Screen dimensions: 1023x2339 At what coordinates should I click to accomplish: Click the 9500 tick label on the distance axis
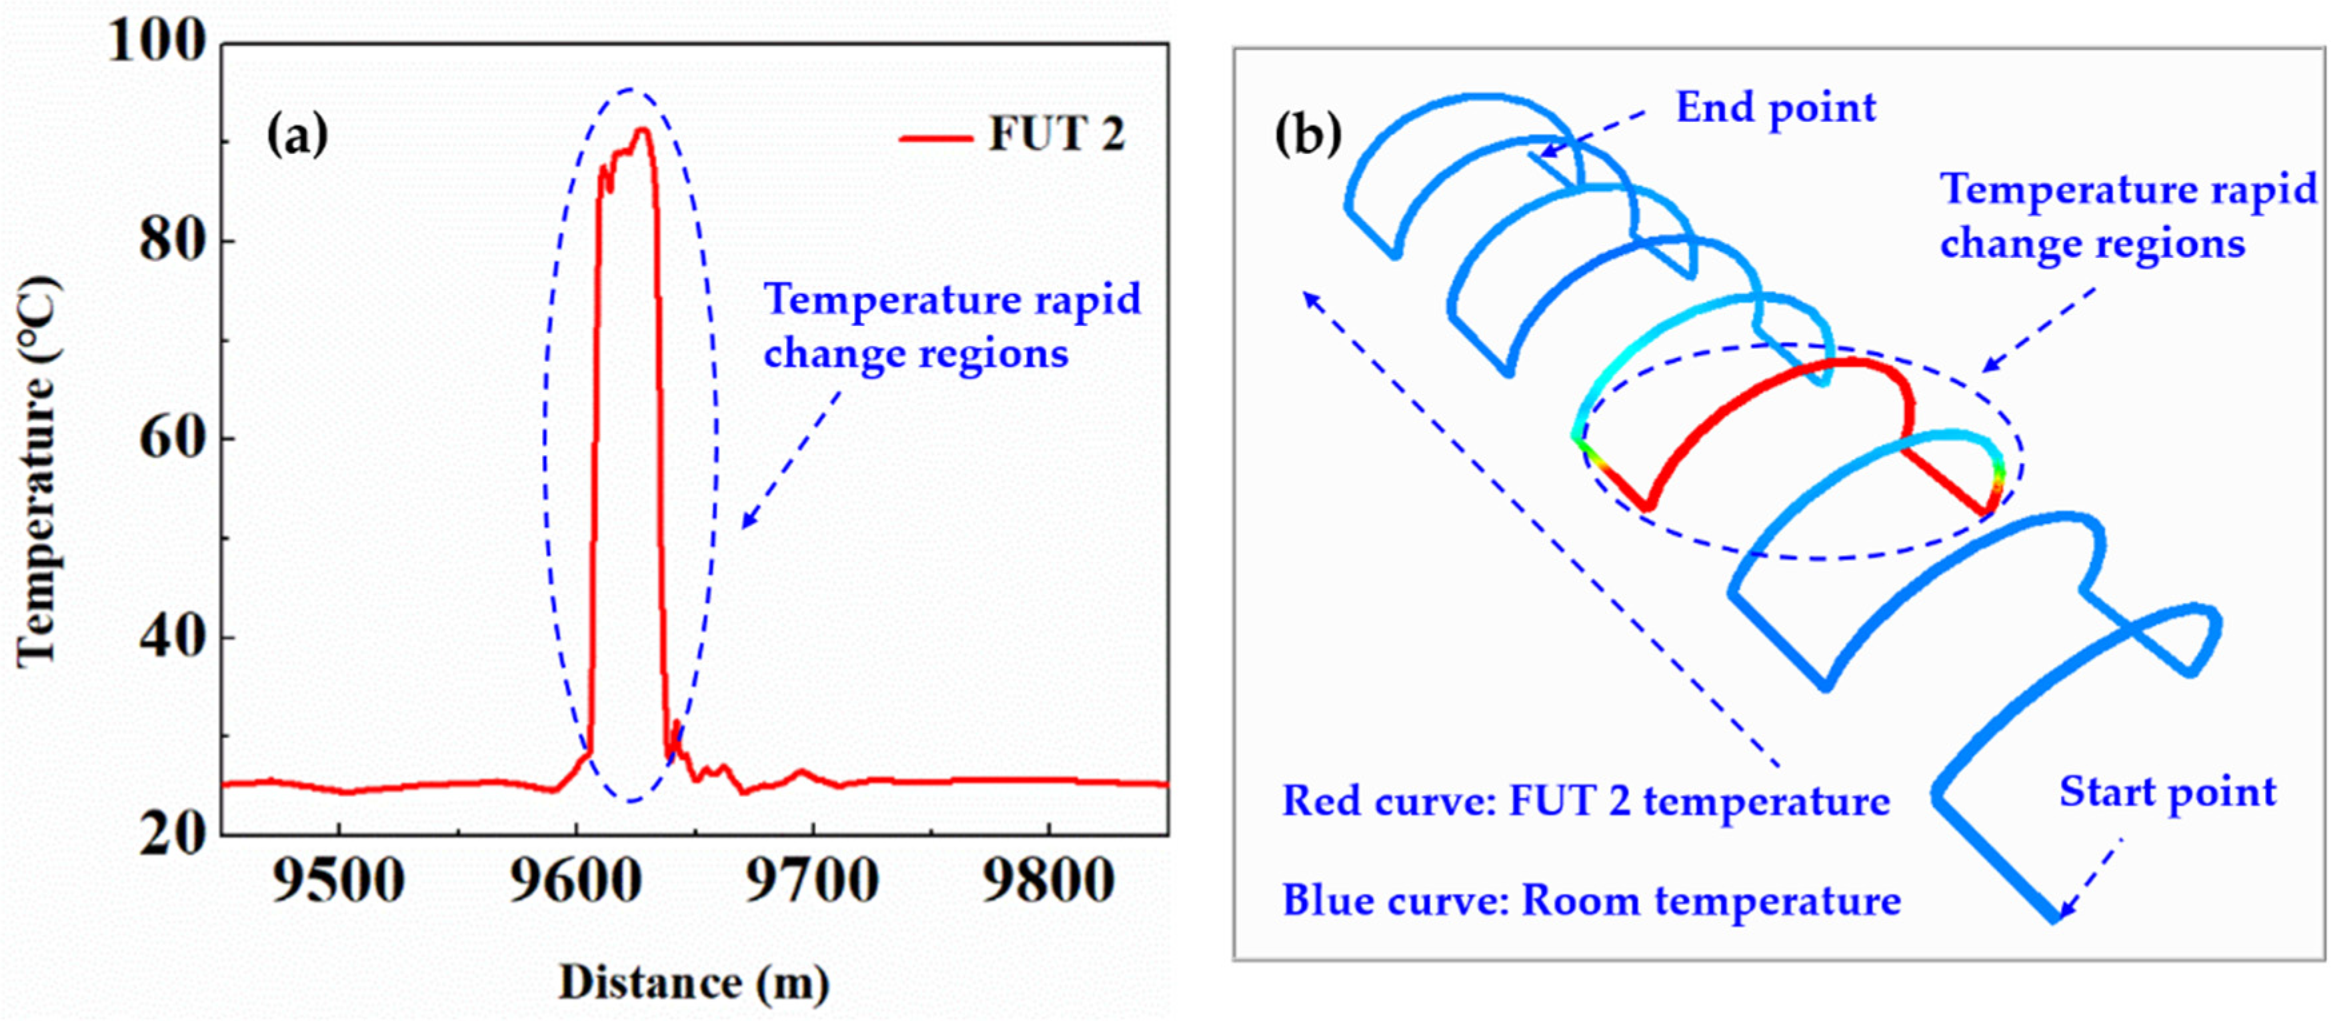tap(339, 880)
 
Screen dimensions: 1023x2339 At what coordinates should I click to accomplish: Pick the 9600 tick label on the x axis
tap(575, 880)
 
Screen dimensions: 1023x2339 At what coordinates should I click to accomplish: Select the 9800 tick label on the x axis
tap(1049, 880)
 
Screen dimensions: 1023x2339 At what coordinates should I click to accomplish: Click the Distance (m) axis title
tap(693, 982)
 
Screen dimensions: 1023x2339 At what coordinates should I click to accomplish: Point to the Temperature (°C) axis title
tap(38, 472)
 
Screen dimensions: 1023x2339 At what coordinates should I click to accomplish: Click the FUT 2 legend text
tap(1056, 135)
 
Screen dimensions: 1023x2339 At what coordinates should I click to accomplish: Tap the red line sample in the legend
tap(935, 138)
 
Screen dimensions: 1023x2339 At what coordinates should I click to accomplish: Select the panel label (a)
tap(297, 135)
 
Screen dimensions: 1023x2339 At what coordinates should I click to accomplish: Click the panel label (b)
tap(1308, 135)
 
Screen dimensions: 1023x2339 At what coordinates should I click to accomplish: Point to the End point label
tap(1775, 108)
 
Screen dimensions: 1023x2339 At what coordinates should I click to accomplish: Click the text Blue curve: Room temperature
tap(1591, 901)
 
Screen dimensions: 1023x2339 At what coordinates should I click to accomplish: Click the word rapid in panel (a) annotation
tap(1087, 299)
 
